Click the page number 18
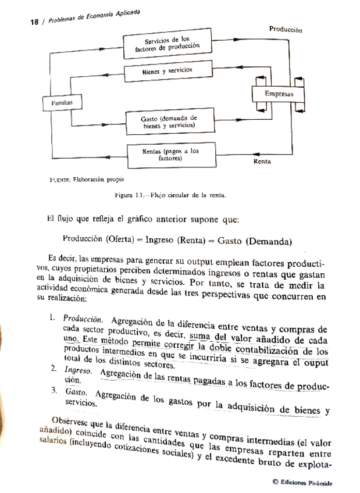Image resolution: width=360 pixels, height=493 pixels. [x=34, y=22]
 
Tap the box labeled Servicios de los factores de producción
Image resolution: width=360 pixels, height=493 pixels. [x=167, y=45]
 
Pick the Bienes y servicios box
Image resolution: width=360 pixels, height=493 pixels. [x=167, y=71]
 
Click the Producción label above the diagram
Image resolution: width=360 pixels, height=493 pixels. [x=286, y=29]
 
